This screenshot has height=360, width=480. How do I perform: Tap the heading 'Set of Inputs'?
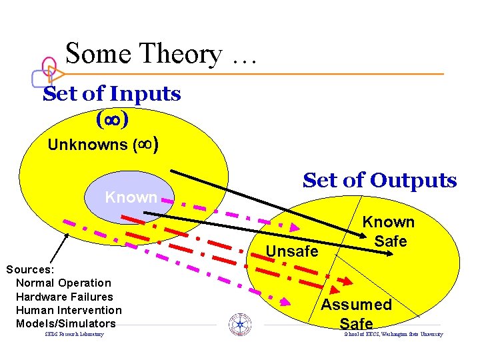[x=112, y=94]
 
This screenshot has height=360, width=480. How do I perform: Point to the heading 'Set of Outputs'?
[x=379, y=181]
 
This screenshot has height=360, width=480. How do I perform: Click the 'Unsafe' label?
[x=292, y=251]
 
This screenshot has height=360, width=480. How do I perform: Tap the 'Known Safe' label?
[x=389, y=231]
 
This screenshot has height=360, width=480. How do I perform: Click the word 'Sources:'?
[x=30, y=269]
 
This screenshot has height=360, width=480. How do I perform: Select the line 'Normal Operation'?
[x=63, y=283]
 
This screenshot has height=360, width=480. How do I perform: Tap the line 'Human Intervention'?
[x=69, y=310]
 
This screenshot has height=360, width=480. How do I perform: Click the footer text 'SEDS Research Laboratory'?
[x=74, y=334]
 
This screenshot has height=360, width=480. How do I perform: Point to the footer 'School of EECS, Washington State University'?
[x=393, y=334]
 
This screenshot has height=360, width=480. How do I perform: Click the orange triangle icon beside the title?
[x=55, y=73]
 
